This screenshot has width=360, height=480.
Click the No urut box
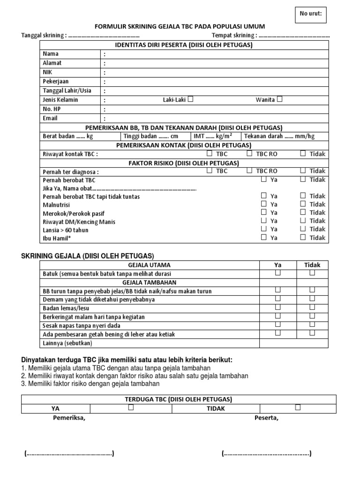(311, 15)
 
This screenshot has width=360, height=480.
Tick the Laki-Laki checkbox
(191, 99)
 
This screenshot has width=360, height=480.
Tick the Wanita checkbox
(279, 99)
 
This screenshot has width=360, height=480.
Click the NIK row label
(48, 72)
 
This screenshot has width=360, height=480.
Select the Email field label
(50, 119)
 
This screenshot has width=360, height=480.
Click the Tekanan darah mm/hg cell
(285, 136)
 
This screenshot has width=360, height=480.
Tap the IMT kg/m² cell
(216, 136)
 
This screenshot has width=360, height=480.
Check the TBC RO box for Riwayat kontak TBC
(249, 153)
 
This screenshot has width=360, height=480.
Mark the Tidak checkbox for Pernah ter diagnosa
(303, 171)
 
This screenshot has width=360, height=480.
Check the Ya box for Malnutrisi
(264, 204)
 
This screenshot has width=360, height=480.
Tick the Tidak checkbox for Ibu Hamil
(303, 237)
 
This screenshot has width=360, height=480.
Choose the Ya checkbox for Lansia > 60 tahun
(264, 229)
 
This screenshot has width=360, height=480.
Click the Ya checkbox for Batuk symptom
(278, 273)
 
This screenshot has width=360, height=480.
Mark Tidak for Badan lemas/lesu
(312, 307)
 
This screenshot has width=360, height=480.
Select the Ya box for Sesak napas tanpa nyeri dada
(278, 324)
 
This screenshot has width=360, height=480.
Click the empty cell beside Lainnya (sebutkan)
(294, 343)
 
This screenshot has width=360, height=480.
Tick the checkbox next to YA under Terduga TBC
(131, 408)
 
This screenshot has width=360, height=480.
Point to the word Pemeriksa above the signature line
(69, 418)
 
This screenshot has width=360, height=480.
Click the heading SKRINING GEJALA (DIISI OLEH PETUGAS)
(88, 255)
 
